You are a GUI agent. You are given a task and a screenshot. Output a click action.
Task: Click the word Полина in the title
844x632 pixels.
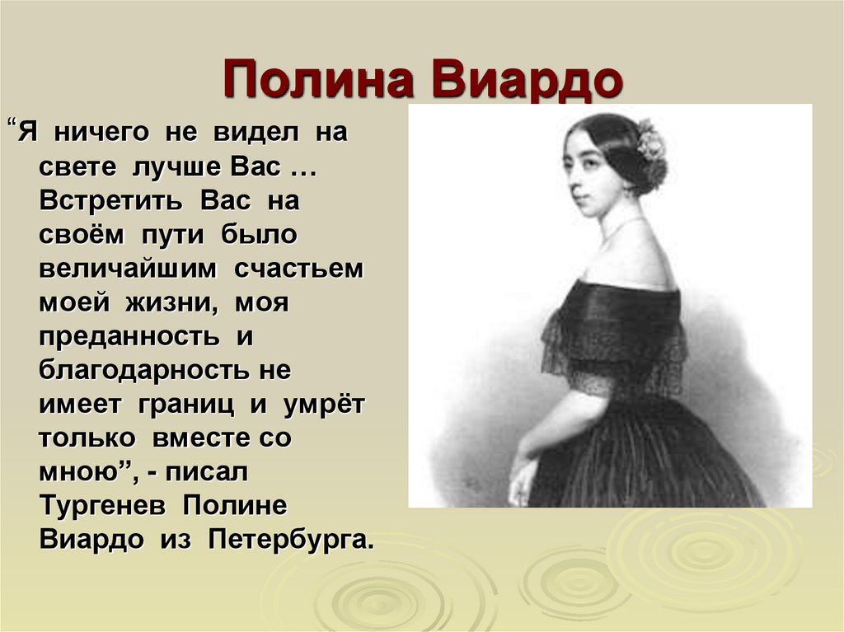pyautogui.click(x=318, y=80)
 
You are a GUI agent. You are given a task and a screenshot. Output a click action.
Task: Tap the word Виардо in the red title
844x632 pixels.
pyautogui.click(x=527, y=80)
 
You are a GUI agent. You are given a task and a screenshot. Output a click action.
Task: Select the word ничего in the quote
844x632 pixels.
pyautogui.click(x=101, y=133)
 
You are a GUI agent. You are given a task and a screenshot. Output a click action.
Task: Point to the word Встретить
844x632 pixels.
pyautogui.click(x=110, y=201)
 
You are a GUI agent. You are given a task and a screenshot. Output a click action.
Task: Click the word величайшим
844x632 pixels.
pyautogui.click(x=128, y=269)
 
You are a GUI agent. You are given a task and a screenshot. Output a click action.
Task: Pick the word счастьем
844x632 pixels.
pyautogui.click(x=298, y=269)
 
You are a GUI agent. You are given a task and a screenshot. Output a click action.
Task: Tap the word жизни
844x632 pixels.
pyautogui.click(x=171, y=303)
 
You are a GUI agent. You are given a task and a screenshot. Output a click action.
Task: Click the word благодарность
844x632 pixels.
pyautogui.click(x=143, y=371)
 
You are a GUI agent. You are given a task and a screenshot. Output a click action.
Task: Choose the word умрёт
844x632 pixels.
pyautogui.click(x=324, y=405)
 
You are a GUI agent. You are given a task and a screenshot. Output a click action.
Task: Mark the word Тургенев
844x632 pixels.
pyautogui.click(x=102, y=506)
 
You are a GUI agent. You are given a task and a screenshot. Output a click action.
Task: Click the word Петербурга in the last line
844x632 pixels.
pyautogui.click(x=291, y=540)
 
